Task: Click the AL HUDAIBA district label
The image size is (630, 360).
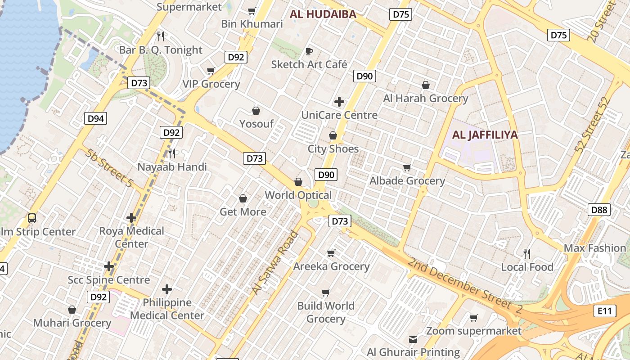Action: click(x=323, y=14)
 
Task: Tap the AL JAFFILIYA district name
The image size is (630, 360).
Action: click(x=485, y=135)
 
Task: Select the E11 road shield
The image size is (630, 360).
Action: click(x=604, y=310)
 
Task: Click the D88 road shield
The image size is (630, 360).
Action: click(x=599, y=209)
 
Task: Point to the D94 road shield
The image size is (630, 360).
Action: click(x=95, y=119)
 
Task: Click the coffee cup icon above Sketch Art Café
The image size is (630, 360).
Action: click(x=309, y=51)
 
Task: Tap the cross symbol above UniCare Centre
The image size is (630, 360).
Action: click(x=339, y=102)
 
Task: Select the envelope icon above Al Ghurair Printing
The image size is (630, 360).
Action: click(x=413, y=339)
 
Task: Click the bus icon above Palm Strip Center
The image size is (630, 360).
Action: click(x=32, y=218)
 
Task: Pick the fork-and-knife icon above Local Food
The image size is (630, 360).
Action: click(x=527, y=254)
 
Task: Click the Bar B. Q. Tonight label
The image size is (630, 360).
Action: click(x=161, y=50)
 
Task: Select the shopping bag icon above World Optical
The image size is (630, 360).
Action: click(x=298, y=182)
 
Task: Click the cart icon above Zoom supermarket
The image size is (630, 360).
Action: click(x=473, y=318)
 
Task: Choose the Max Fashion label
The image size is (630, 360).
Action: click(x=595, y=248)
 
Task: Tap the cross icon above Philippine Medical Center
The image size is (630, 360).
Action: click(x=167, y=289)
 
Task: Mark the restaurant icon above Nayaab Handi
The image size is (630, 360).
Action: click(x=172, y=153)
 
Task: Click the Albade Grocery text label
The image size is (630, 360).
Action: click(x=407, y=181)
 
